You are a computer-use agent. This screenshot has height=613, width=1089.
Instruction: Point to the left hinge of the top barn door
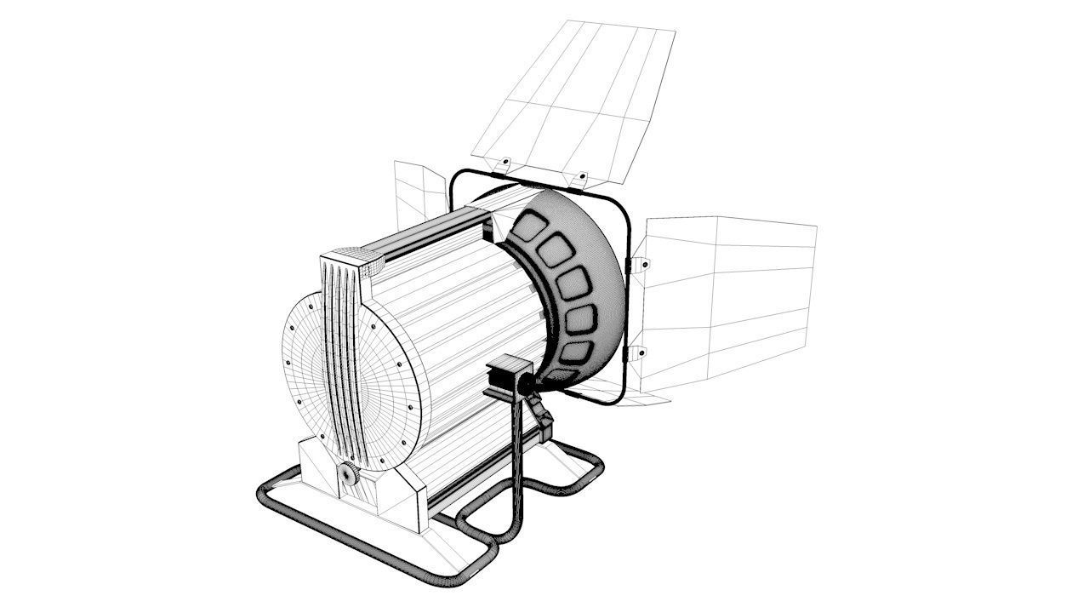click(504, 161)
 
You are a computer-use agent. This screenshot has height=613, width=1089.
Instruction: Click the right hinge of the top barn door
click(582, 177)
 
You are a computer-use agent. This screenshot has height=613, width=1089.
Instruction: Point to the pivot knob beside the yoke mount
click(528, 386)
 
